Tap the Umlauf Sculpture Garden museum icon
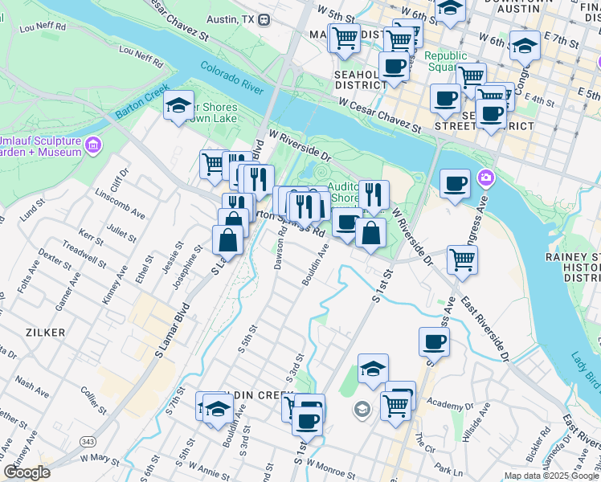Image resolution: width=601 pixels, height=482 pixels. (94, 145)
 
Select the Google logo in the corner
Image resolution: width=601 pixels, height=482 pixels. (27, 472)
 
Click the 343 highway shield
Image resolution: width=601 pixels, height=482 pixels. (88, 442)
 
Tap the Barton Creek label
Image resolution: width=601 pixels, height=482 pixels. (141, 104)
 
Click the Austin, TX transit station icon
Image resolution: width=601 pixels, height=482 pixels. (263, 18)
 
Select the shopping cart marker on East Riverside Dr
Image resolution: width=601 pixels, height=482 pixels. (462, 258)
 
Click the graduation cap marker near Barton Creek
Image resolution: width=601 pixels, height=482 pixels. (178, 104)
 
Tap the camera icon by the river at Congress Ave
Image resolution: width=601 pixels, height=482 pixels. (485, 177)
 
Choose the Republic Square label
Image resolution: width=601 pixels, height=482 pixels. (446, 61)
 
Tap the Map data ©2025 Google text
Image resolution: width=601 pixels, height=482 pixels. (551, 476)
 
